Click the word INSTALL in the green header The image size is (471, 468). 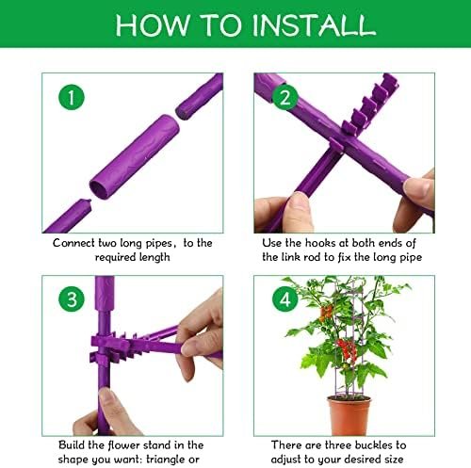314,24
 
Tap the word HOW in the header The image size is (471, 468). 153,24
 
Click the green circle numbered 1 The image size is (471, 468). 72,97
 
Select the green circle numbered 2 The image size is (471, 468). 285,97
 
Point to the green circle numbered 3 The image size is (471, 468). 72,299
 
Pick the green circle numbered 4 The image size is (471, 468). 285,299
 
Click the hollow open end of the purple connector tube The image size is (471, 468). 101,189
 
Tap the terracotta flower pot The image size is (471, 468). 349,415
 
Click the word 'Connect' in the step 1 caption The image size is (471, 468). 73,243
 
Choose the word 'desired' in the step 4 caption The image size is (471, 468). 361,460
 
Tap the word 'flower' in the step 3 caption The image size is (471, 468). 122,445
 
